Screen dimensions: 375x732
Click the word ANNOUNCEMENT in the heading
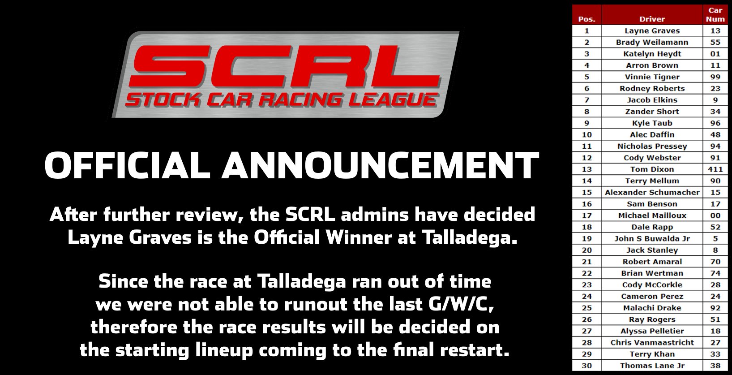(381, 165)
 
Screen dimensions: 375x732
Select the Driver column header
(652, 19)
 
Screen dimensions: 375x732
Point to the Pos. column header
(586, 19)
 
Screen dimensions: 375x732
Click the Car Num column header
(715, 14)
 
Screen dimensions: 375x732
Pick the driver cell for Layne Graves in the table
(652, 31)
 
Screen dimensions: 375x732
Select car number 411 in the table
(715, 169)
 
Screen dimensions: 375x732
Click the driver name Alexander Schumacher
(652, 192)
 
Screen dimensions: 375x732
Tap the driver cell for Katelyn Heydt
(652, 54)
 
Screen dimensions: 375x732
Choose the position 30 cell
(586, 366)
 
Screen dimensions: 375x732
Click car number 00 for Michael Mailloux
(715, 216)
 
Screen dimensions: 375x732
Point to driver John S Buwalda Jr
(652, 238)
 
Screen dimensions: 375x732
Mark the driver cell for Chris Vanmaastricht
(652, 343)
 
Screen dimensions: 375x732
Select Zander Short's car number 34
(715, 112)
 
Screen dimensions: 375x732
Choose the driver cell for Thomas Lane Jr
(652, 366)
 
